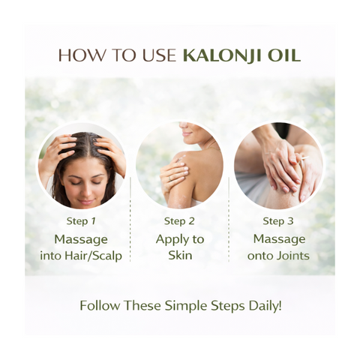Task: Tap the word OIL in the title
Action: click(x=285, y=55)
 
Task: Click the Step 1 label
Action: click(x=81, y=221)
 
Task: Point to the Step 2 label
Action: click(x=179, y=221)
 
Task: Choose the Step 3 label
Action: click(x=277, y=221)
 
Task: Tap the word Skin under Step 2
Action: click(x=179, y=256)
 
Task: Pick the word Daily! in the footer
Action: click(x=260, y=306)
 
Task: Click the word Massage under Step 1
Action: click(x=81, y=239)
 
